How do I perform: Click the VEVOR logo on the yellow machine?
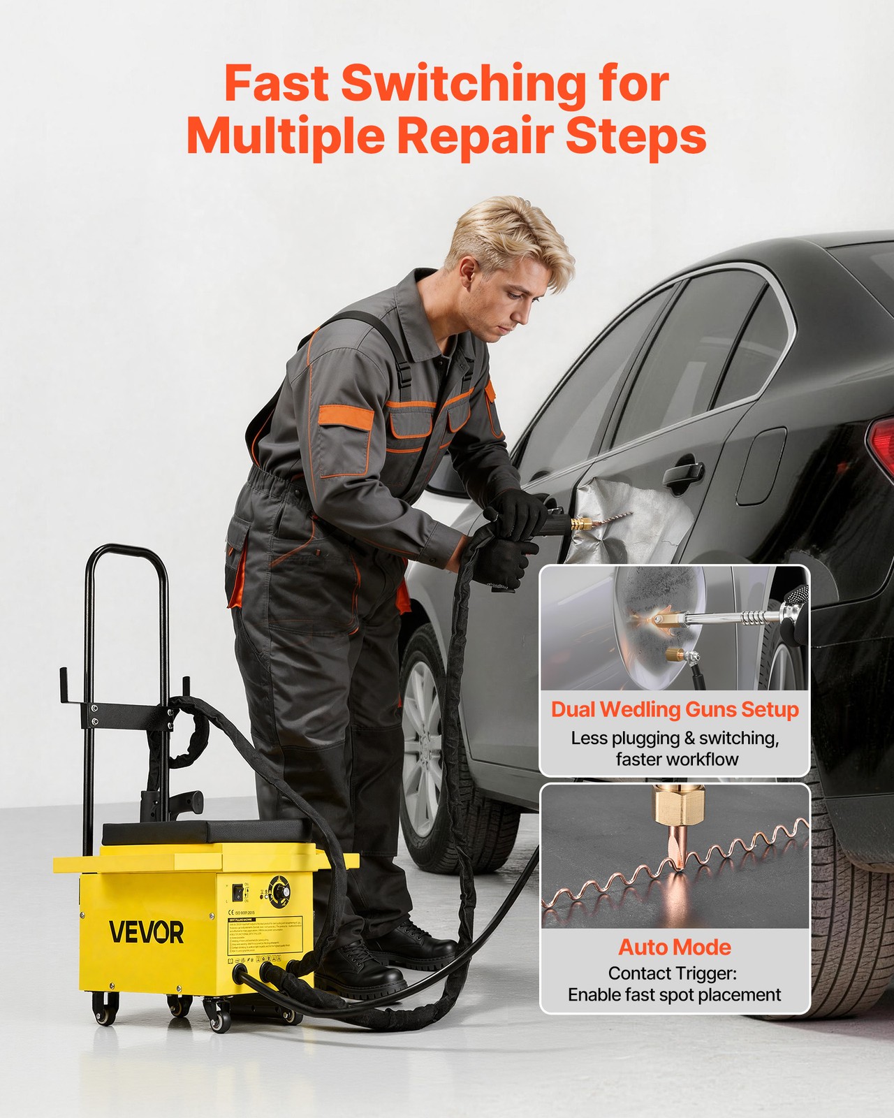coord(146,932)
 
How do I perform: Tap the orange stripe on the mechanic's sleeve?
coord(346,417)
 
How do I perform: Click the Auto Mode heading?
coord(675,947)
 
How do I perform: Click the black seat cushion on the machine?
coord(207,832)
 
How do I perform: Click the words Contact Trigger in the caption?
coord(672,973)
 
